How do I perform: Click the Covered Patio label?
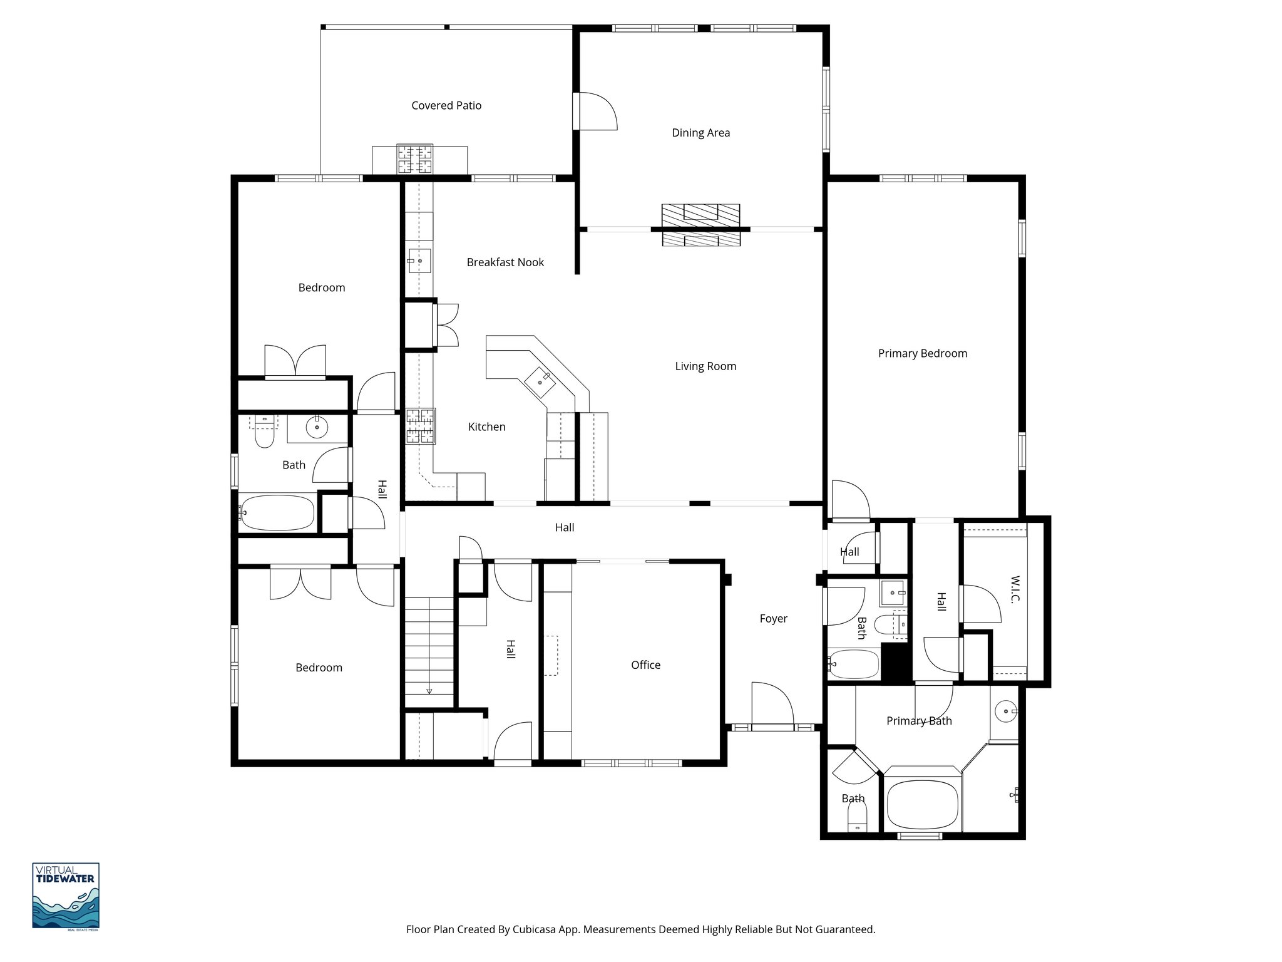tap(446, 105)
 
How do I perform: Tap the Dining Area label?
tap(700, 132)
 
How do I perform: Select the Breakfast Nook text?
tap(505, 262)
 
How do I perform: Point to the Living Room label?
tap(705, 366)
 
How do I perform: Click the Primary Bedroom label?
tap(922, 353)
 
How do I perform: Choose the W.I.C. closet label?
tap(1015, 589)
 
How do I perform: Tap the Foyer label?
tap(773, 618)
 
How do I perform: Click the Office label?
tap(645, 665)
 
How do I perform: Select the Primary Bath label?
tap(918, 720)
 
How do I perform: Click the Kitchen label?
tap(486, 427)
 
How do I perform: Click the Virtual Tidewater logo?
tap(66, 896)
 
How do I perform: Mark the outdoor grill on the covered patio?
tap(414, 159)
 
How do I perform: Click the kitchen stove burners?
tap(421, 426)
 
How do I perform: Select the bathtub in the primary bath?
tap(923, 804)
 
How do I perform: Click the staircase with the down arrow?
tap(429, 651)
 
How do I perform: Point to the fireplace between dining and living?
tap(701, 225)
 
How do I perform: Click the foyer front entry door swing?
tap(771, 705)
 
